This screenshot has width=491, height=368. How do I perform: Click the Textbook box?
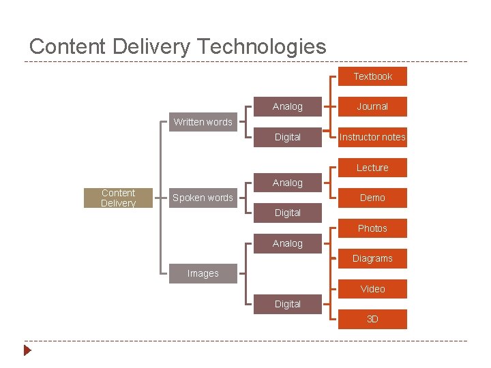pyautogui.click(x=372, y=76)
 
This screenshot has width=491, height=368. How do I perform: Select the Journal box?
pyautogui.click(x=372, y=106)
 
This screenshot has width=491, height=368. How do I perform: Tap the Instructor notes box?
pyautogui.click(x=372, y=137)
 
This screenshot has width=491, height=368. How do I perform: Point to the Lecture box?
pyautogui.click(x=372, y=168)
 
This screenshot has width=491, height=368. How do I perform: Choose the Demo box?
pyautogui.click(x=372, y=198)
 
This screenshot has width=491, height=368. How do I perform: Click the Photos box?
pyautogui.click(x=372, y=228)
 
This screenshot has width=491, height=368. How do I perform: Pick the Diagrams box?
pyautogui.click(x=372, y=258)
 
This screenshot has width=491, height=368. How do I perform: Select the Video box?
pyautogui.click(x=372, y=289)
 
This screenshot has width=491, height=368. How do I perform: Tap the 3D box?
pyautogui.click(x=372, y=319)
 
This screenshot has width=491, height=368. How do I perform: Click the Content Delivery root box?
pyautogui.click(x=118, y=198)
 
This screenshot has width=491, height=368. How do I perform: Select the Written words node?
pyautogui.click(x=203, y=122)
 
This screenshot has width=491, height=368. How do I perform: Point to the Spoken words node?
pyautogui.click(x=203, y=198)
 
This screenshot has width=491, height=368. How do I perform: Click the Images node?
pyautogui.click(x=203, y=273)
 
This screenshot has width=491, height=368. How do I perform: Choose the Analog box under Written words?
pyautogui.click(x=287, y=106)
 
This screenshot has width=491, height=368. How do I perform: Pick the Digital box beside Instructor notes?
pyautogui.click(x=287, y=137)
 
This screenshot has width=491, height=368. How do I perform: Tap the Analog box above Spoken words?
pyautogui.click(x=287, y=183)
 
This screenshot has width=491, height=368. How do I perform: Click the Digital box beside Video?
pyautogui.click(x=287, y=304)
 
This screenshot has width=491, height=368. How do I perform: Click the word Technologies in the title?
pyautogui.click(x=261, y=47)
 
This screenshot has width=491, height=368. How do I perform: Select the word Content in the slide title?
pyautogui.click(x=66, y=47)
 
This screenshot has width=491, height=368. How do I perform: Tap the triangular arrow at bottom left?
pyautogui.click(x=27, y=351)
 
